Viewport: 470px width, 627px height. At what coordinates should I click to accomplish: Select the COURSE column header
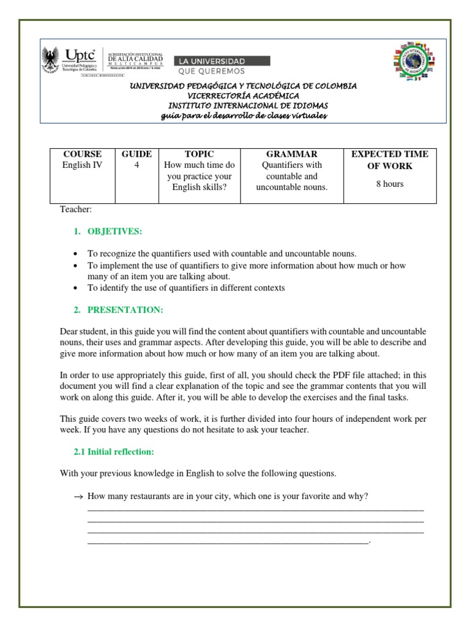point(83,154)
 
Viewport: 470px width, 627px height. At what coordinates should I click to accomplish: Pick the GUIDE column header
point(136,154)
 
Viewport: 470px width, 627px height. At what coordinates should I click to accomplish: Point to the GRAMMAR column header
point(291,154)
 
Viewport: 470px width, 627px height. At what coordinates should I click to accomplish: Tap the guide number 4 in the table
point(136,165)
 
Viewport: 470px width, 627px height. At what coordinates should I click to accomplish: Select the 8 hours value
point(390,184)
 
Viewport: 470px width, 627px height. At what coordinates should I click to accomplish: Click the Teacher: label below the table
point(75,210)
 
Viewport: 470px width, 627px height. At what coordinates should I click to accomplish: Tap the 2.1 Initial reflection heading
point(113,452)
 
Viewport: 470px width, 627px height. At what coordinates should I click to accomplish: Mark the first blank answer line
point(256,509)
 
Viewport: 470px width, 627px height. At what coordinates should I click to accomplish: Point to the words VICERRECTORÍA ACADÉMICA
point(243,96)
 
